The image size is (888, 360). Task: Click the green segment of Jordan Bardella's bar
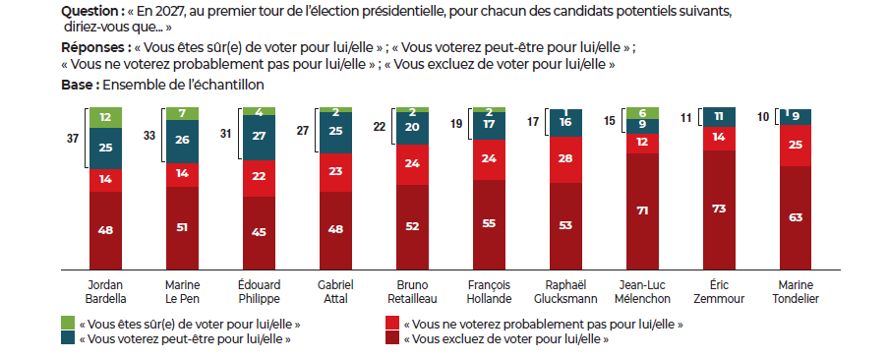(106, 117)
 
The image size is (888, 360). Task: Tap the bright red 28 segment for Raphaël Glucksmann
(565, 159)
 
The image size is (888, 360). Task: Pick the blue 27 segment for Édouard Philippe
(260, 138)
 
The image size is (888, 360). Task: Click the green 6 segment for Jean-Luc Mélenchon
(643, 113)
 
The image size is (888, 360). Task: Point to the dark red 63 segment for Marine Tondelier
(796, 218)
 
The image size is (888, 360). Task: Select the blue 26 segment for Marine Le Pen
(182, 142)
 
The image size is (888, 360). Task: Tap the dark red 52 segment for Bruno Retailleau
(413, 227)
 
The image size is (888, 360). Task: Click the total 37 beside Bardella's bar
(72, 139)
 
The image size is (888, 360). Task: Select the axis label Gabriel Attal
(336, 291)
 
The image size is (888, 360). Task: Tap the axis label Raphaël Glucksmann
(565, 291)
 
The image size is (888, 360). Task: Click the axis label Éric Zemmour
(719, 291)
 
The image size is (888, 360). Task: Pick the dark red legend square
(391, 338)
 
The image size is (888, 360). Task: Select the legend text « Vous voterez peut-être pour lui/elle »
(185, 339)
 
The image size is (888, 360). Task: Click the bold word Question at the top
(87, 12)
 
